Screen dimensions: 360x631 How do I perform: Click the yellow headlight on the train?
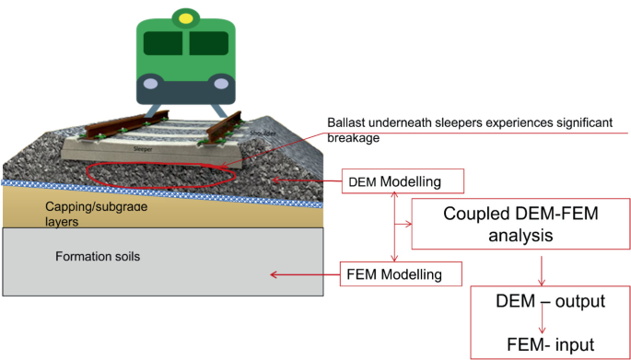click(188, 17)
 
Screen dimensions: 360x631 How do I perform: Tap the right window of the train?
click(209, 43)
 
